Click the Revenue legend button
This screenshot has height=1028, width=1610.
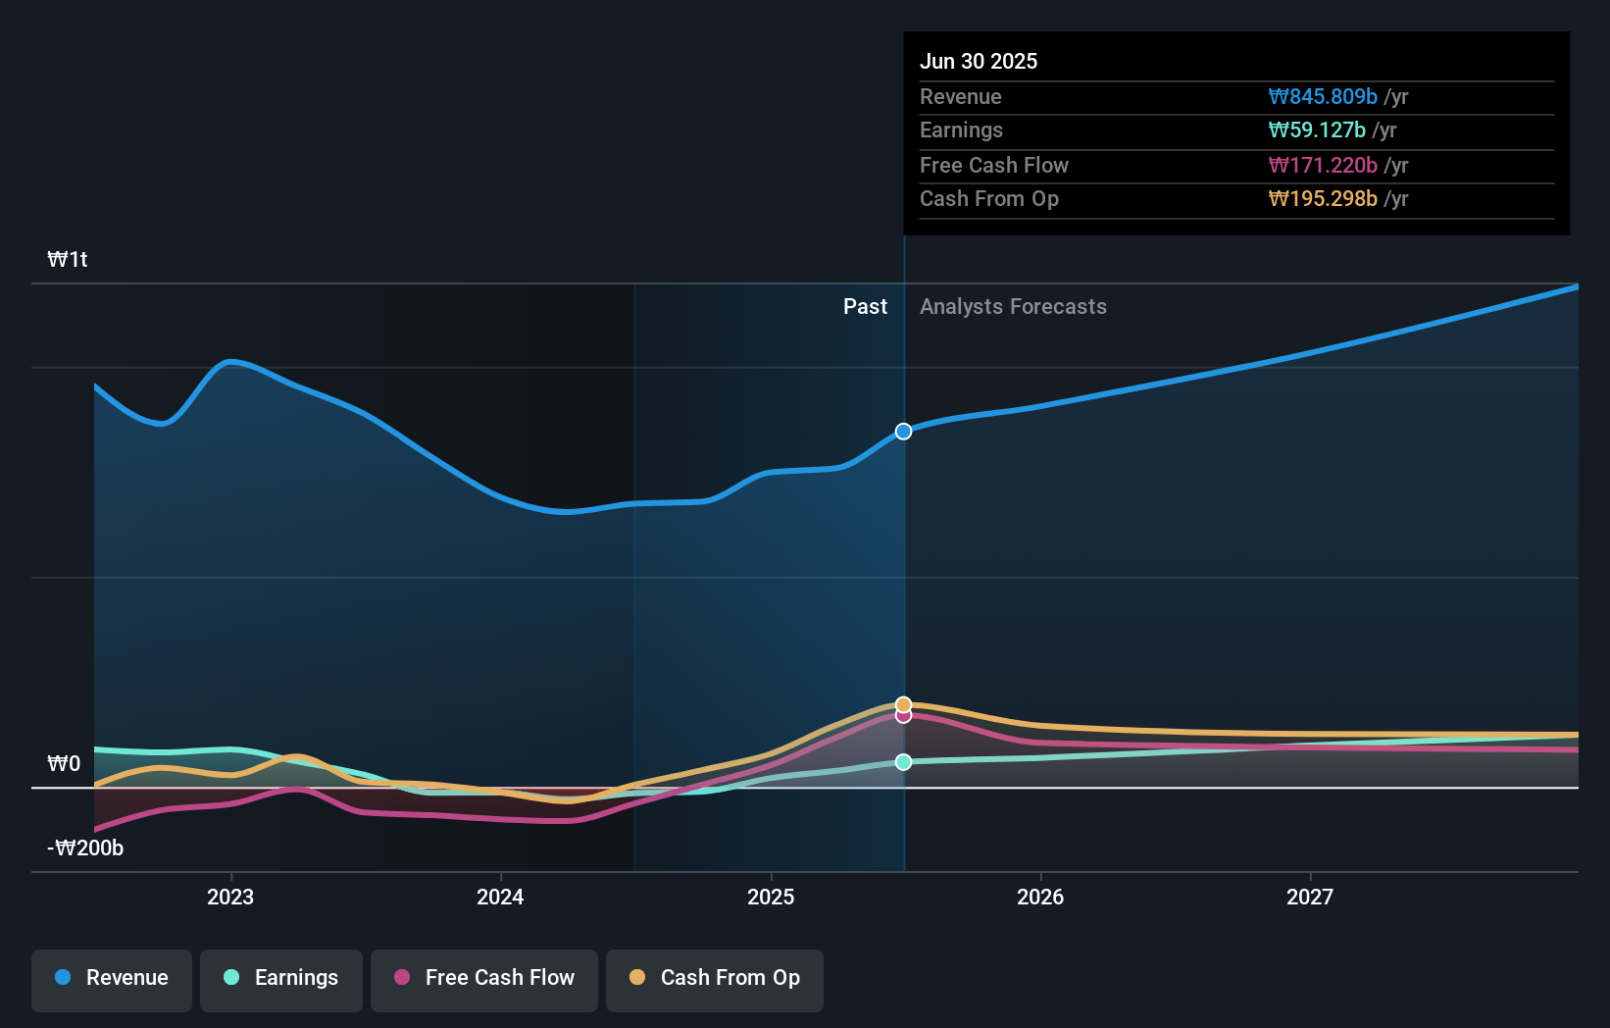[112, 978]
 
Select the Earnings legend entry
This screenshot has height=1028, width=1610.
[281, 978]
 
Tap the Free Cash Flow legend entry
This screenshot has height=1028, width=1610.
[484, 978]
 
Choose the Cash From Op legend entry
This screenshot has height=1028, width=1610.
[715, 978]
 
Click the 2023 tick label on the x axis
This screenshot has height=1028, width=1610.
[230, 897]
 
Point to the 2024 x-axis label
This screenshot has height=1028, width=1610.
[500, 897]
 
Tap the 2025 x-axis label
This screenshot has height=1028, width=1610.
[771, 897]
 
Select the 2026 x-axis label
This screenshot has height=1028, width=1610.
[1040, 897]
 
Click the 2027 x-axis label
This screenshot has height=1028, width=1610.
[1310, 897]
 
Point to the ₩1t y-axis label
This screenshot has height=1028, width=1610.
[68, 260]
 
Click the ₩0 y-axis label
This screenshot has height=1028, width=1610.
[64, 764]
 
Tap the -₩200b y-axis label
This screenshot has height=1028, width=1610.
[86, 848]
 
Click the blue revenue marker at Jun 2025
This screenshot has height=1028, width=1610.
[904, 432]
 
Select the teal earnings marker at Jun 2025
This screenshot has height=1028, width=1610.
[904, 762]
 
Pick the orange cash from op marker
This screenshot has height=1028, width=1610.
[904, 704]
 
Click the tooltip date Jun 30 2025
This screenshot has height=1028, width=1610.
[979, 62]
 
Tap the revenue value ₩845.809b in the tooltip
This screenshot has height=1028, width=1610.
[1323, 97]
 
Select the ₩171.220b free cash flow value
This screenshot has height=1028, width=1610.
[1323, 166]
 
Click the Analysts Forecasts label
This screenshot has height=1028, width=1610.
[1013, 307]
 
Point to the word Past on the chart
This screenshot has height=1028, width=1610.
[865, 307]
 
